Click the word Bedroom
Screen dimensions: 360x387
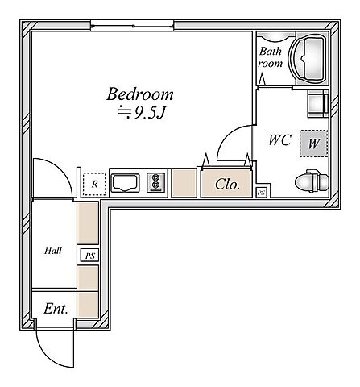pyautogui.click(x=140, y=94)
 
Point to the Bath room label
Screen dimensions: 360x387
pyautogui.click(x=271, y=57)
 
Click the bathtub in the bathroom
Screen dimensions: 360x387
pyautogui.click(x=308, y=58)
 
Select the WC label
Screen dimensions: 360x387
pyautogui.click(x=280, y=139)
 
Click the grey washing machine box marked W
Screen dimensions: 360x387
pyautogui.click(x=314, y=144)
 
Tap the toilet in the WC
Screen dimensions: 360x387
pyautogui.click(x=312, y=181)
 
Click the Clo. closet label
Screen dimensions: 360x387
pyautogui.click(x=227, y=185)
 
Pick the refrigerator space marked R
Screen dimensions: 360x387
pyautogui.click(x=94, y=184)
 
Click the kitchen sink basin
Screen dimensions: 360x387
pyautogui.click(x=126, y=183)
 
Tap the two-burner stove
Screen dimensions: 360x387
pyautogui.click(x=155, y=183)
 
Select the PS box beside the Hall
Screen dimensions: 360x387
pyautogui.click(x=90, y=256)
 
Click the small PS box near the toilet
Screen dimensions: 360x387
pyautogui.click(x=261, y=193)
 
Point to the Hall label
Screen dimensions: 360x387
pyautogui.click(x=53, y=251)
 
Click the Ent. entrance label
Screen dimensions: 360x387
pyautogui.click(x=56, y=309)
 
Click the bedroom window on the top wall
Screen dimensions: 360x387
pyautogui.click(x=132, y=26)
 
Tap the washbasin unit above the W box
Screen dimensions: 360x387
pyautogui.click(x=318, y=104)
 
